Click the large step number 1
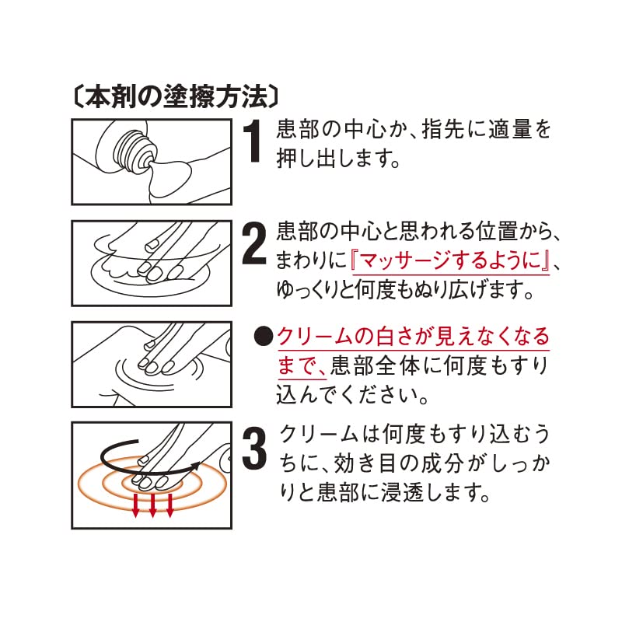[x=251, y=141]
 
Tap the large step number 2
[x=253, y=244]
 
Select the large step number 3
[x=253, y=449]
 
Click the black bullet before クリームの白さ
[x=264, y=337]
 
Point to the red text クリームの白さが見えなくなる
[x=413, y=337]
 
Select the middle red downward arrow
[x=152, y=505]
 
